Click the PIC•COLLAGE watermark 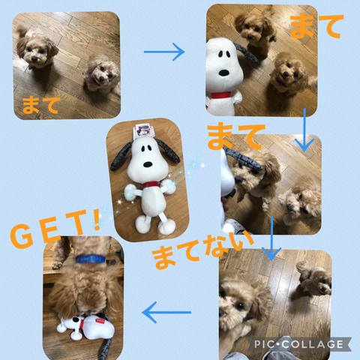coord(298,344)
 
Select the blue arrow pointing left coord(166,312)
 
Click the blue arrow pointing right coord(164,52)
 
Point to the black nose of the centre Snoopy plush coord(148,165)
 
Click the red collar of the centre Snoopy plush coord(149,185)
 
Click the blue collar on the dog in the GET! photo coord(91,259)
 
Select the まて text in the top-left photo coord(41,105)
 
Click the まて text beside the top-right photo coord(317,26)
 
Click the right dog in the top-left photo coord(102,73)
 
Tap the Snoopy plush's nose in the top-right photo coord(224,73)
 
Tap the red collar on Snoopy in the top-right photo coord(220,95)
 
